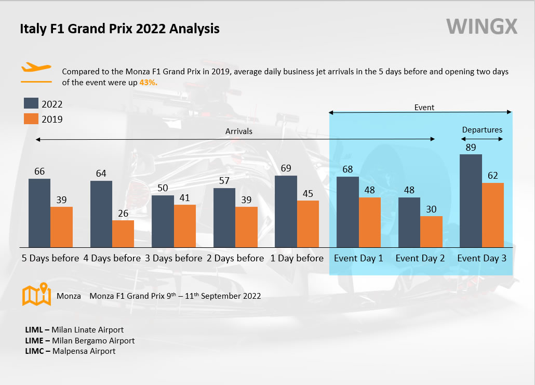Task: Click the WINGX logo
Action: (x=482, y=26)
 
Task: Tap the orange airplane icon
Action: (x=36, y=67)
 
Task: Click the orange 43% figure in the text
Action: (x=148, y=82)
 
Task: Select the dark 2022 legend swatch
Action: (x=31, y=103)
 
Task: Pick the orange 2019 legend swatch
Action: (x=31, y=119)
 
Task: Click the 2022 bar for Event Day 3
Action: (x=471, y=201)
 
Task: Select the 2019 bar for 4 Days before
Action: (x=123, y=234)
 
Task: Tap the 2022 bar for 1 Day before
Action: (x=286, y=211)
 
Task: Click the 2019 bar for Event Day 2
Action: (x=431, y=232)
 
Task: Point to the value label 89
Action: (x=471, y=148)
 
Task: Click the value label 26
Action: (x=123, y=214)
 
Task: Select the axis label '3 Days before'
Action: (x=173, y=258)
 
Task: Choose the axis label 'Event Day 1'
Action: (x=358, y=258)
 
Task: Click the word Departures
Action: (x=482, y=130)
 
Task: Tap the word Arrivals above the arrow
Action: (x=239, y=131)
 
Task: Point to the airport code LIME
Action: (x=34, y=341)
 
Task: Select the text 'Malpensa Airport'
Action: (x=84, y=351)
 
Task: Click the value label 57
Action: (x=224, y=181)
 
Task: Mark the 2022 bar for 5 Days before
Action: (x=39, y=213)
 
